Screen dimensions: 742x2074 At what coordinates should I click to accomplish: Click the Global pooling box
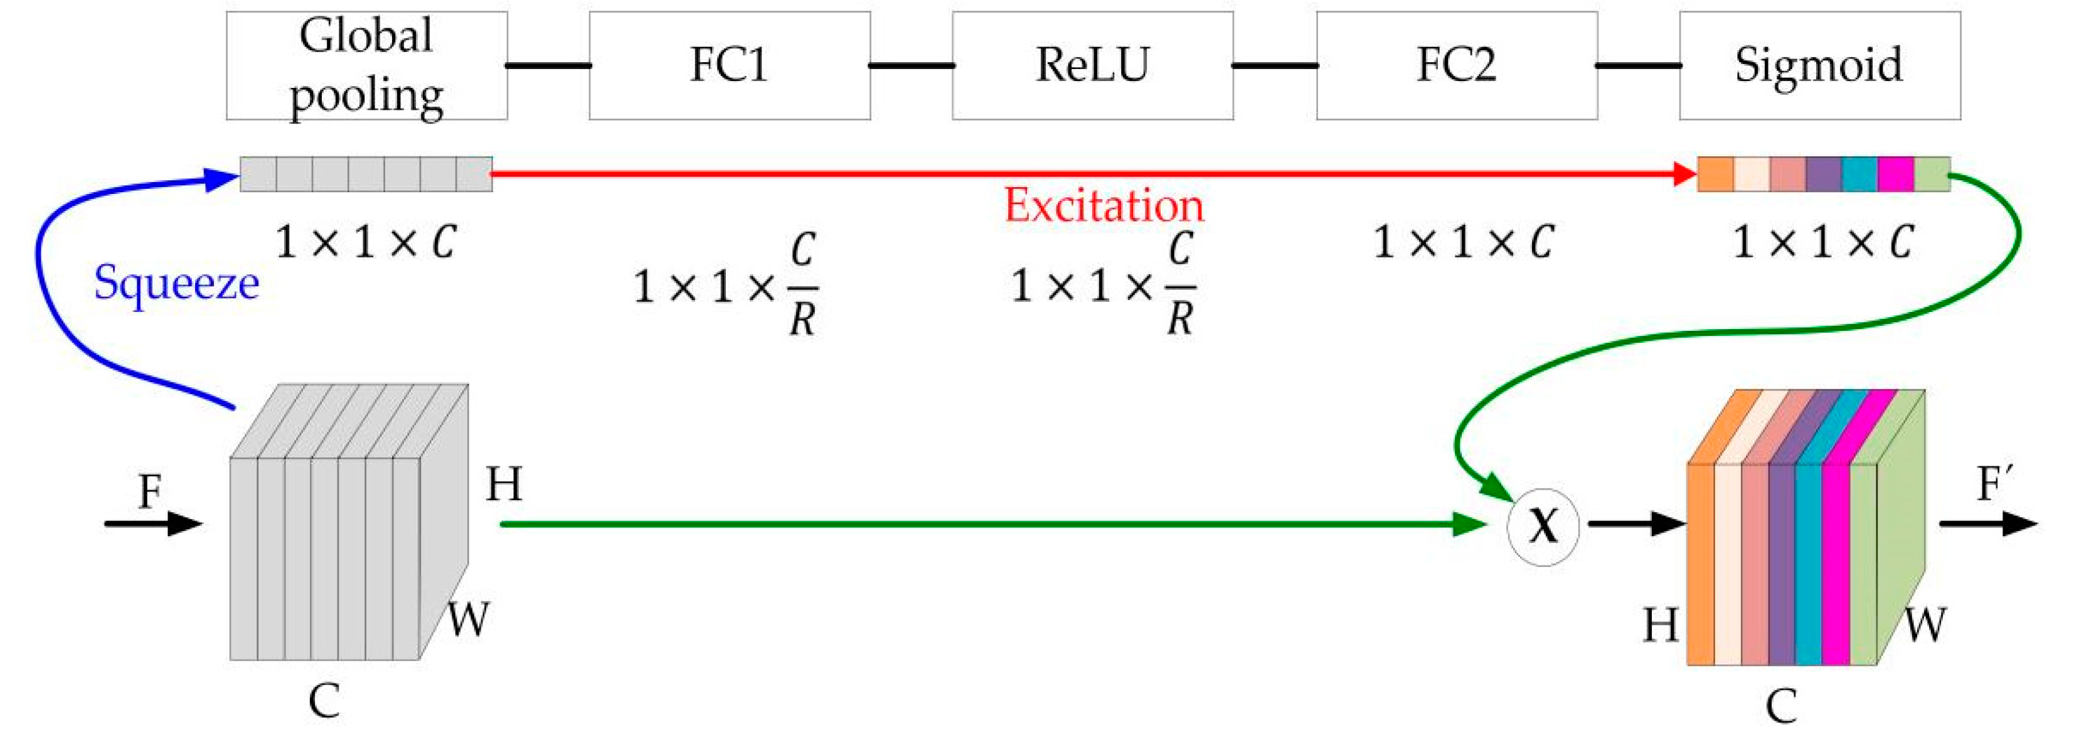coord(366,66)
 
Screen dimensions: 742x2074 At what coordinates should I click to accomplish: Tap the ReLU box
coord(1093,66)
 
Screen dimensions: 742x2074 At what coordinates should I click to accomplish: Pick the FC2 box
coord(1457,66)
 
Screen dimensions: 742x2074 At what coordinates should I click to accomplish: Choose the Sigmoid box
coord(1819,66)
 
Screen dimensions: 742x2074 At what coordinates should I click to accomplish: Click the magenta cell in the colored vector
coord(1895,174)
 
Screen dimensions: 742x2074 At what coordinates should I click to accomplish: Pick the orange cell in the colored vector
coord(1715,174)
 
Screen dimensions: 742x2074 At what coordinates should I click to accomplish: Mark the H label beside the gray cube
coord(504,485)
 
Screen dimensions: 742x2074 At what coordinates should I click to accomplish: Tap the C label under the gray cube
coord(324,701)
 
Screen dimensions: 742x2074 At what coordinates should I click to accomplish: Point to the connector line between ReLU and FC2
coord(1275,65)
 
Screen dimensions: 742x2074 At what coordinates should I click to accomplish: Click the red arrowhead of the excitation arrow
coord(1684,173)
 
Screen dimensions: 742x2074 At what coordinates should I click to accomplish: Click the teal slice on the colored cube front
coord(1808,564)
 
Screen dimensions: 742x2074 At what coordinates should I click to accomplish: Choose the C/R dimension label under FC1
coord(726,286)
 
